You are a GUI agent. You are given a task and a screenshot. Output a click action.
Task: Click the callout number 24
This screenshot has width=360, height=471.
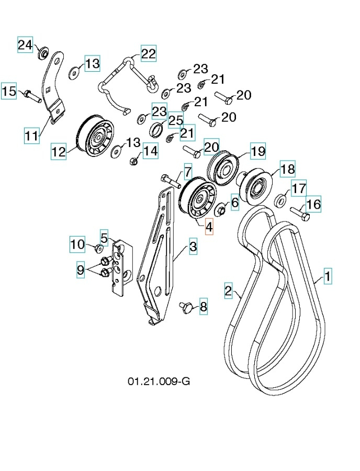click(25, 45)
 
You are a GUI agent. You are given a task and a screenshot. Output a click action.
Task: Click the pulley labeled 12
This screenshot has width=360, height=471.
click(96, 138)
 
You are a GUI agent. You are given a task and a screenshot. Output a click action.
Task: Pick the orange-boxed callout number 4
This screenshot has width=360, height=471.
click(209, 228)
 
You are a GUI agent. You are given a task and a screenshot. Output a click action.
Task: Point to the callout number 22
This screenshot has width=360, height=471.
click(148, 53)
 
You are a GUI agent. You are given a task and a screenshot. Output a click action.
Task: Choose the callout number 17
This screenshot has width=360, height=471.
click(298, 188)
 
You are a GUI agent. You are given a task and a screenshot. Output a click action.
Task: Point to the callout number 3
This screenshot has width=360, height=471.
click(193, 246)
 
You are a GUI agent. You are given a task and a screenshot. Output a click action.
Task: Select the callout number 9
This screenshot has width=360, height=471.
click(80, 271)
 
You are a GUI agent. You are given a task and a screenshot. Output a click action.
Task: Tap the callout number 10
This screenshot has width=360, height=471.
click(77, 244)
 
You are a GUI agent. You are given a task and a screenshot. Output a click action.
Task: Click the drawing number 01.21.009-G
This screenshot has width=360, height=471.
click(159, 381)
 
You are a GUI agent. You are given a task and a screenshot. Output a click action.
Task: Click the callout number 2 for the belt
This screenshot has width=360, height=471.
click(228, 291)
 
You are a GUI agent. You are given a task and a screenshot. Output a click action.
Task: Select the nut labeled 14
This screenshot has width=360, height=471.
click(134, 160)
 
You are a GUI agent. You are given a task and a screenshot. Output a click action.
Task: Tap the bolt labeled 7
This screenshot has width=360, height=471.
click(171, 181)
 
